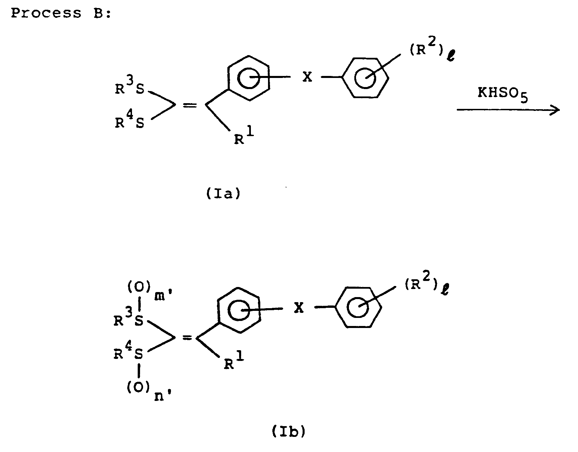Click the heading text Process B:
61,14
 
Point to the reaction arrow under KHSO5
508,110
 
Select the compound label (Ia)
223,194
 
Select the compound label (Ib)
288,432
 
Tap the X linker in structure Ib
298,308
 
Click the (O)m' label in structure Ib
146,291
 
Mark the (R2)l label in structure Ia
432,53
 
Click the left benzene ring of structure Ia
248,78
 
